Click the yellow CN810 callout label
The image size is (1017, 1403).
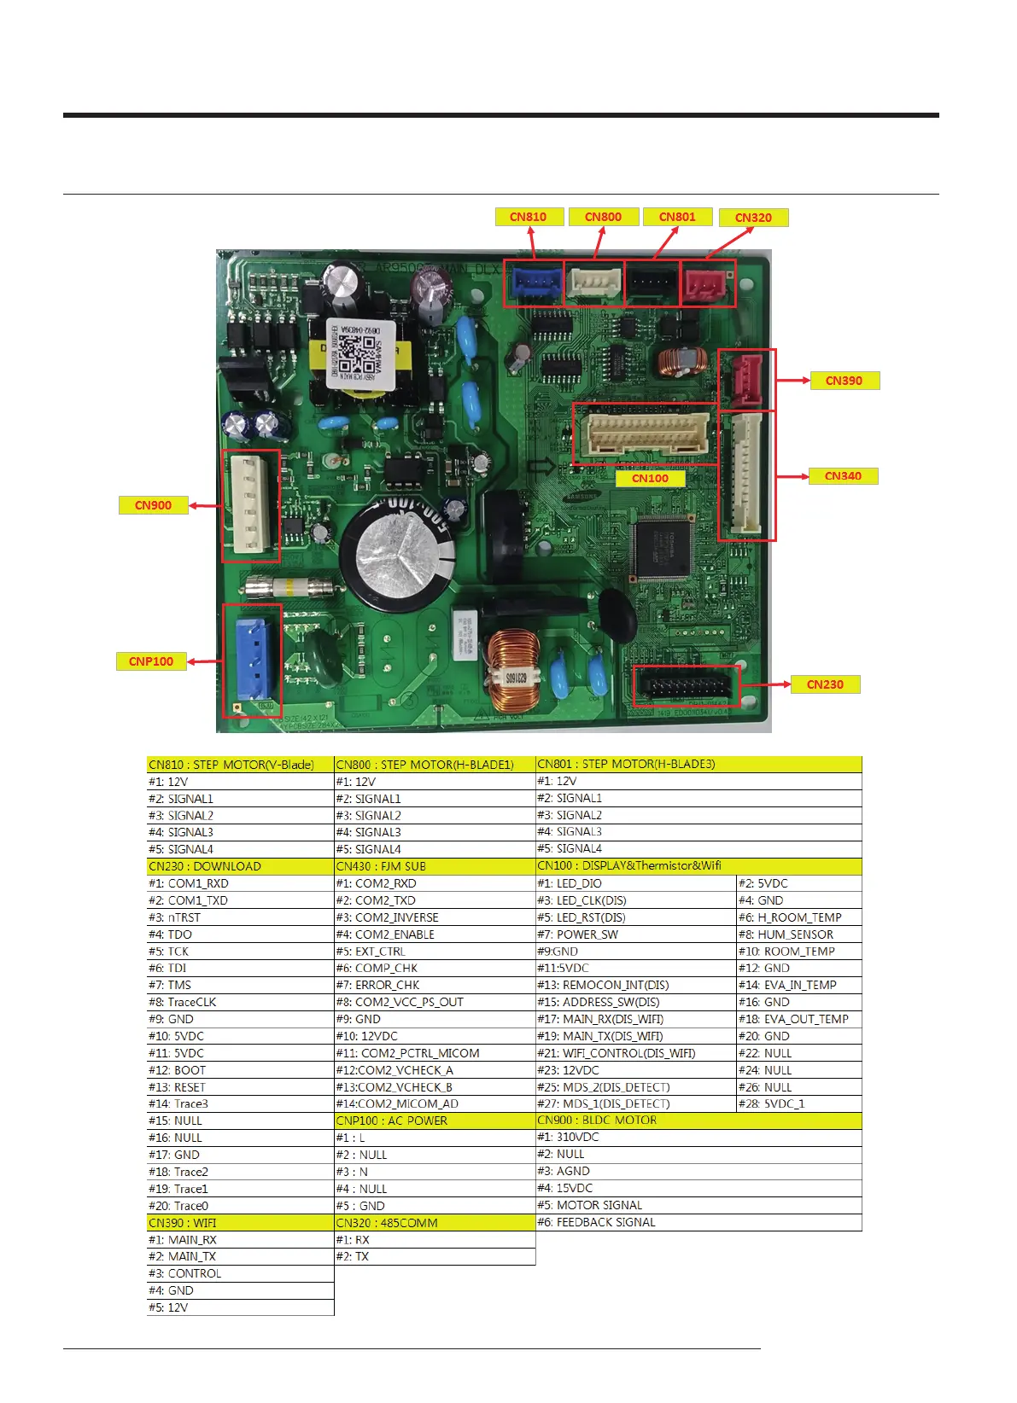pyautogui.click(x=529, y=217)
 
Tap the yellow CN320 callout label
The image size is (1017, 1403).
pyautogui.click(x=753, y=218)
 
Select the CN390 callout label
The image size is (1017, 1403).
pyautogui.click(x=844, y=381)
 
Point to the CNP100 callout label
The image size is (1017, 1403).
pyautogui.click(x=151, y=661)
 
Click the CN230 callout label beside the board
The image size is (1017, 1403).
pyautogui.click(x=825, y=684)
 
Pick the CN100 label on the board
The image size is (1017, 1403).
pyautogui.click(x=650, y=478)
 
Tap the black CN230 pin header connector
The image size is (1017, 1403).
pyautogui.click(x=686, y=686)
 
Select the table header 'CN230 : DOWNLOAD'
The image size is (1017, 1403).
pyautogui.click(x=205, y=866)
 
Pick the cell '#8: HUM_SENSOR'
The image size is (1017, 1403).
pyautogui.click(x=786, y=934)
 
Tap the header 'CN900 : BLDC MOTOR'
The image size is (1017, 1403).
pyautogui.click(x=597, y=1121)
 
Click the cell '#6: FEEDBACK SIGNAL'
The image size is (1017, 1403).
pyautogui.click(x=596, y=1222)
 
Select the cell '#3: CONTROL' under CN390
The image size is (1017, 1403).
pyautogui.click(x=184, y=1273)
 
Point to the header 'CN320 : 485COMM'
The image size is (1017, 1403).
pyautogui.click(x=387, y=1223)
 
